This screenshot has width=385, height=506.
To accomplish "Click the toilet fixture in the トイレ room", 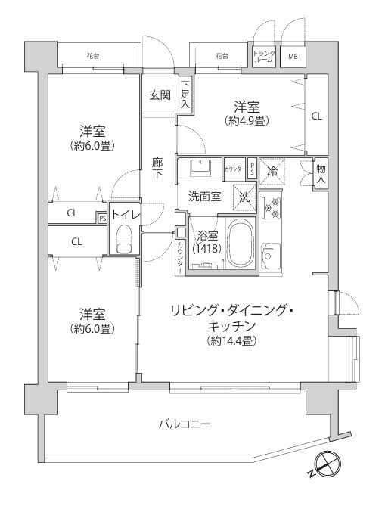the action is click(x=124, y=239).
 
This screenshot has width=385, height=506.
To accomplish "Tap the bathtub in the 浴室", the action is click(x=241, y=243).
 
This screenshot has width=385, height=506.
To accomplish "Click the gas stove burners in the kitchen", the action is click(x=271, y=208).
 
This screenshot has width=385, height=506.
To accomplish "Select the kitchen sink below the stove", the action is click(x=271, y=255).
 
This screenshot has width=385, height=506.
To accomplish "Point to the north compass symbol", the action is click(x=327, y=462).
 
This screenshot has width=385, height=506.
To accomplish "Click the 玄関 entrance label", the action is click(x=160, y=95).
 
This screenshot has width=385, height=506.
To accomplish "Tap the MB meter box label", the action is click(x=293, y=57).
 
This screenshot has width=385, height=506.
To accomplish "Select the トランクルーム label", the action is click(x=264, y=57).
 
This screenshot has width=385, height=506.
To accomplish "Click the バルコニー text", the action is click(x=185, y=423).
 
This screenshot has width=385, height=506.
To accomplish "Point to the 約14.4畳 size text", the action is click(x=232, y=341).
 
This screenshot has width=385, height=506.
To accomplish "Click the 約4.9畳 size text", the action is click(x=247, y=121).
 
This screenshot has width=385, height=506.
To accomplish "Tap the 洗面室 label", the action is click(x=204, y=197).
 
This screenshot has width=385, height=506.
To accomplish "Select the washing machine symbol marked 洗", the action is click(x=244, y=197).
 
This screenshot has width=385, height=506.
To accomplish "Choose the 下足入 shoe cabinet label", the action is click(x=185, y=95).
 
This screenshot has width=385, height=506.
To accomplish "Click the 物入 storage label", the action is click(x=321, y=174).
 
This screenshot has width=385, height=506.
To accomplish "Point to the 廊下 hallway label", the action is click(x=157, y=169).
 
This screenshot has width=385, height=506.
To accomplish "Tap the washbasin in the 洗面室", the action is click(x=200, y=167).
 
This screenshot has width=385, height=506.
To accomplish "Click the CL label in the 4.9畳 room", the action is click(x=317, y=116).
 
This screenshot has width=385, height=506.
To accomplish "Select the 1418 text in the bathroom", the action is click(x=206, y=249).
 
